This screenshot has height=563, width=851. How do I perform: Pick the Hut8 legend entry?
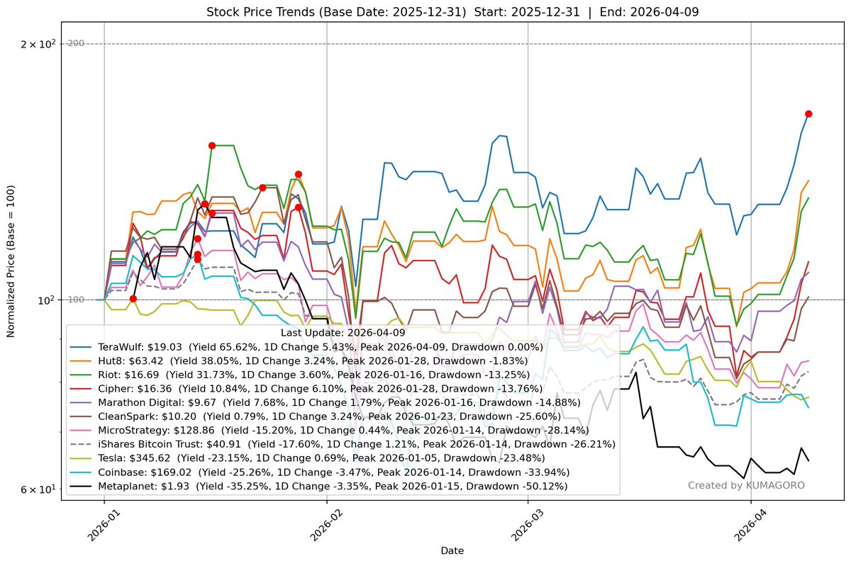coord(318,361)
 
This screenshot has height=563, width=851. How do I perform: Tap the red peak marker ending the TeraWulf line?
coord(808,113)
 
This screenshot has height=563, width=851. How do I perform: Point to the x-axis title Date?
coord(452,550)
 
